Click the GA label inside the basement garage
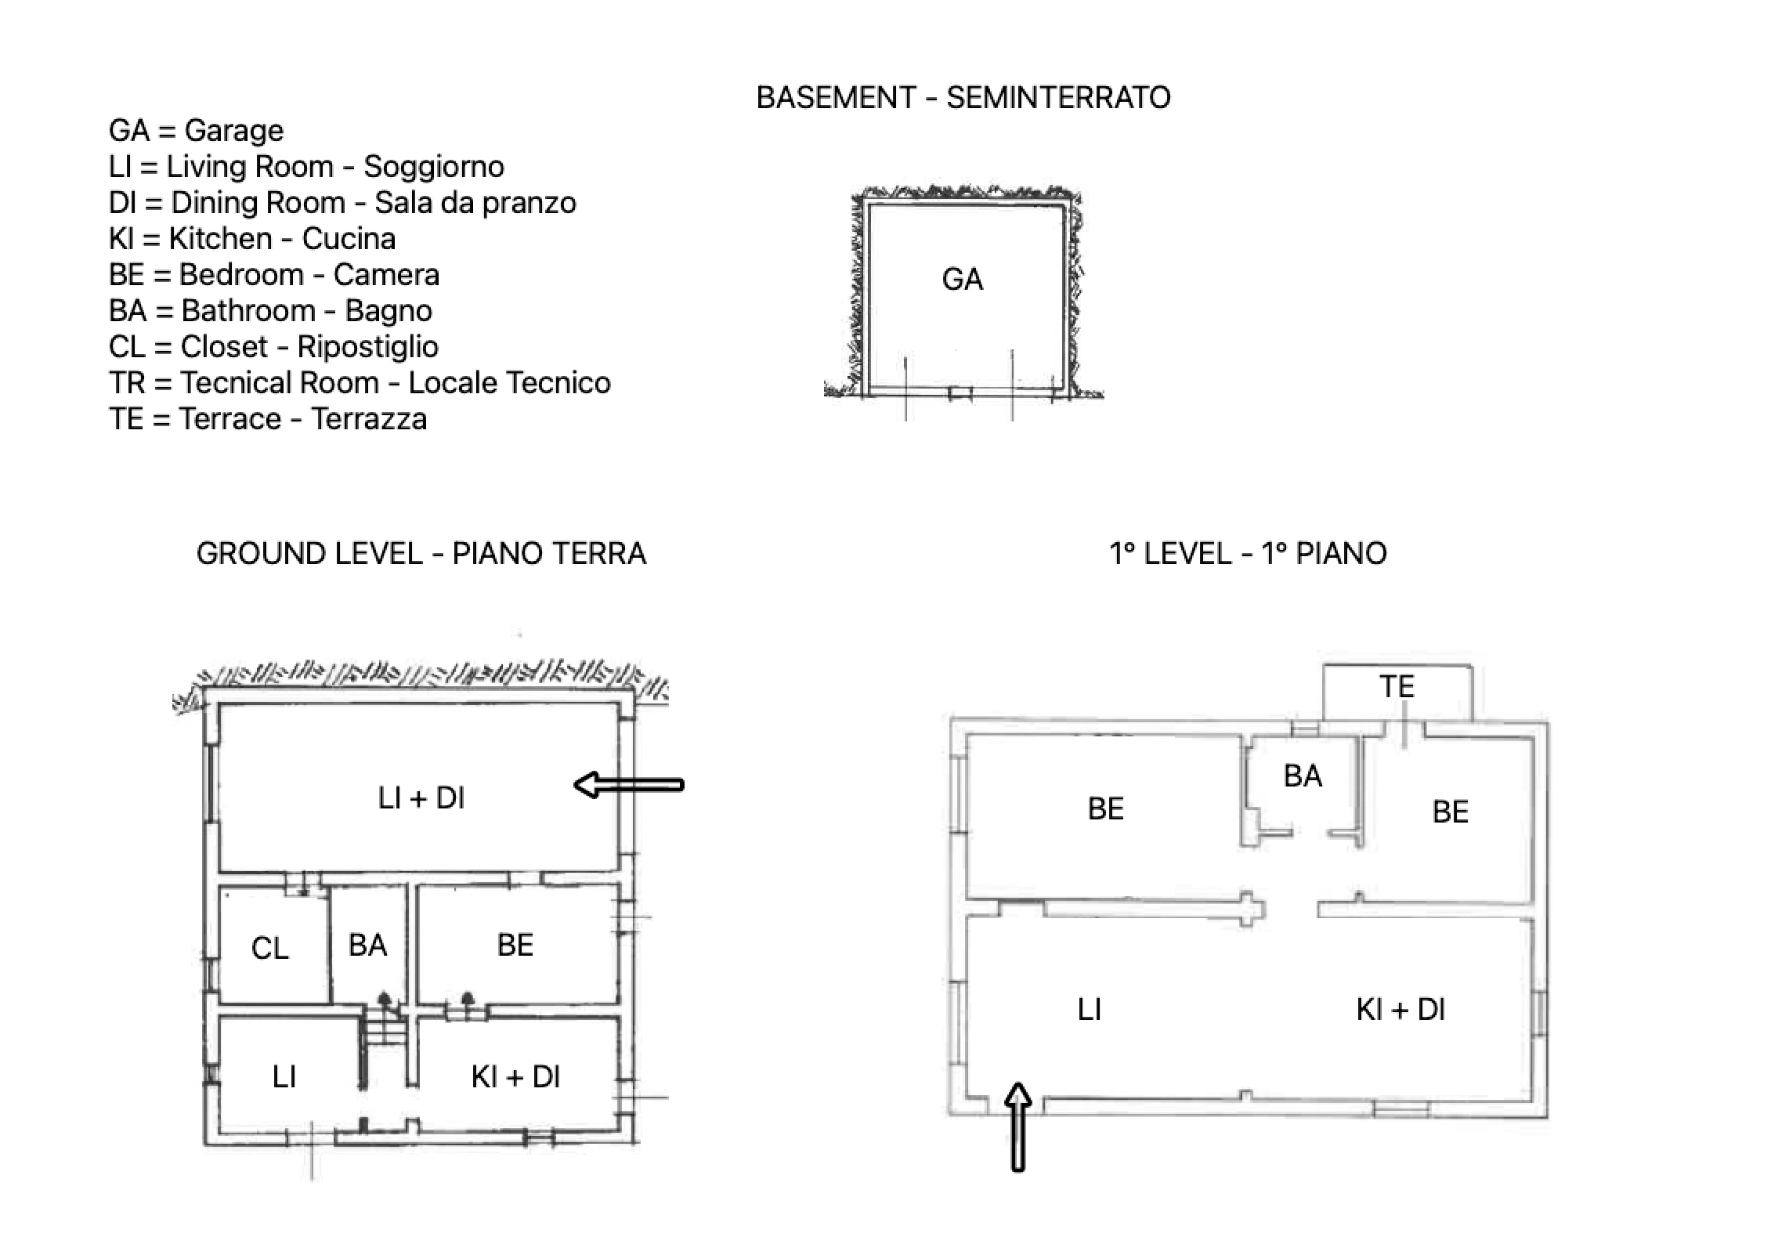[962, 280]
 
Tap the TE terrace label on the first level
[1397, 687]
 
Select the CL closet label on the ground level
[269, 948]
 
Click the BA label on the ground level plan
[367, 945]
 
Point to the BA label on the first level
[1303, 776]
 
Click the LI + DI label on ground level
[421, 798]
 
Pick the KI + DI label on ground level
[515, 1077]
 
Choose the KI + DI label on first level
[1400, 1009]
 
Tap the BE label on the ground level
[515, 945]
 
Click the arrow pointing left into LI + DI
[629, 784]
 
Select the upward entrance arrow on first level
[1018, 1126]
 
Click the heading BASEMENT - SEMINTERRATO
[963, 98]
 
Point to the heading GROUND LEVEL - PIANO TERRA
[421, 554]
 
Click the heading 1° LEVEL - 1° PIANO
[1248, 554]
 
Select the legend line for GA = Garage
[197, 131]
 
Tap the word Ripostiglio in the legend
[367, 347]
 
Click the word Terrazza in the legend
[368, 419]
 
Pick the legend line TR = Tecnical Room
[360, 383]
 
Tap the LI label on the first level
[1090, 1009]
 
